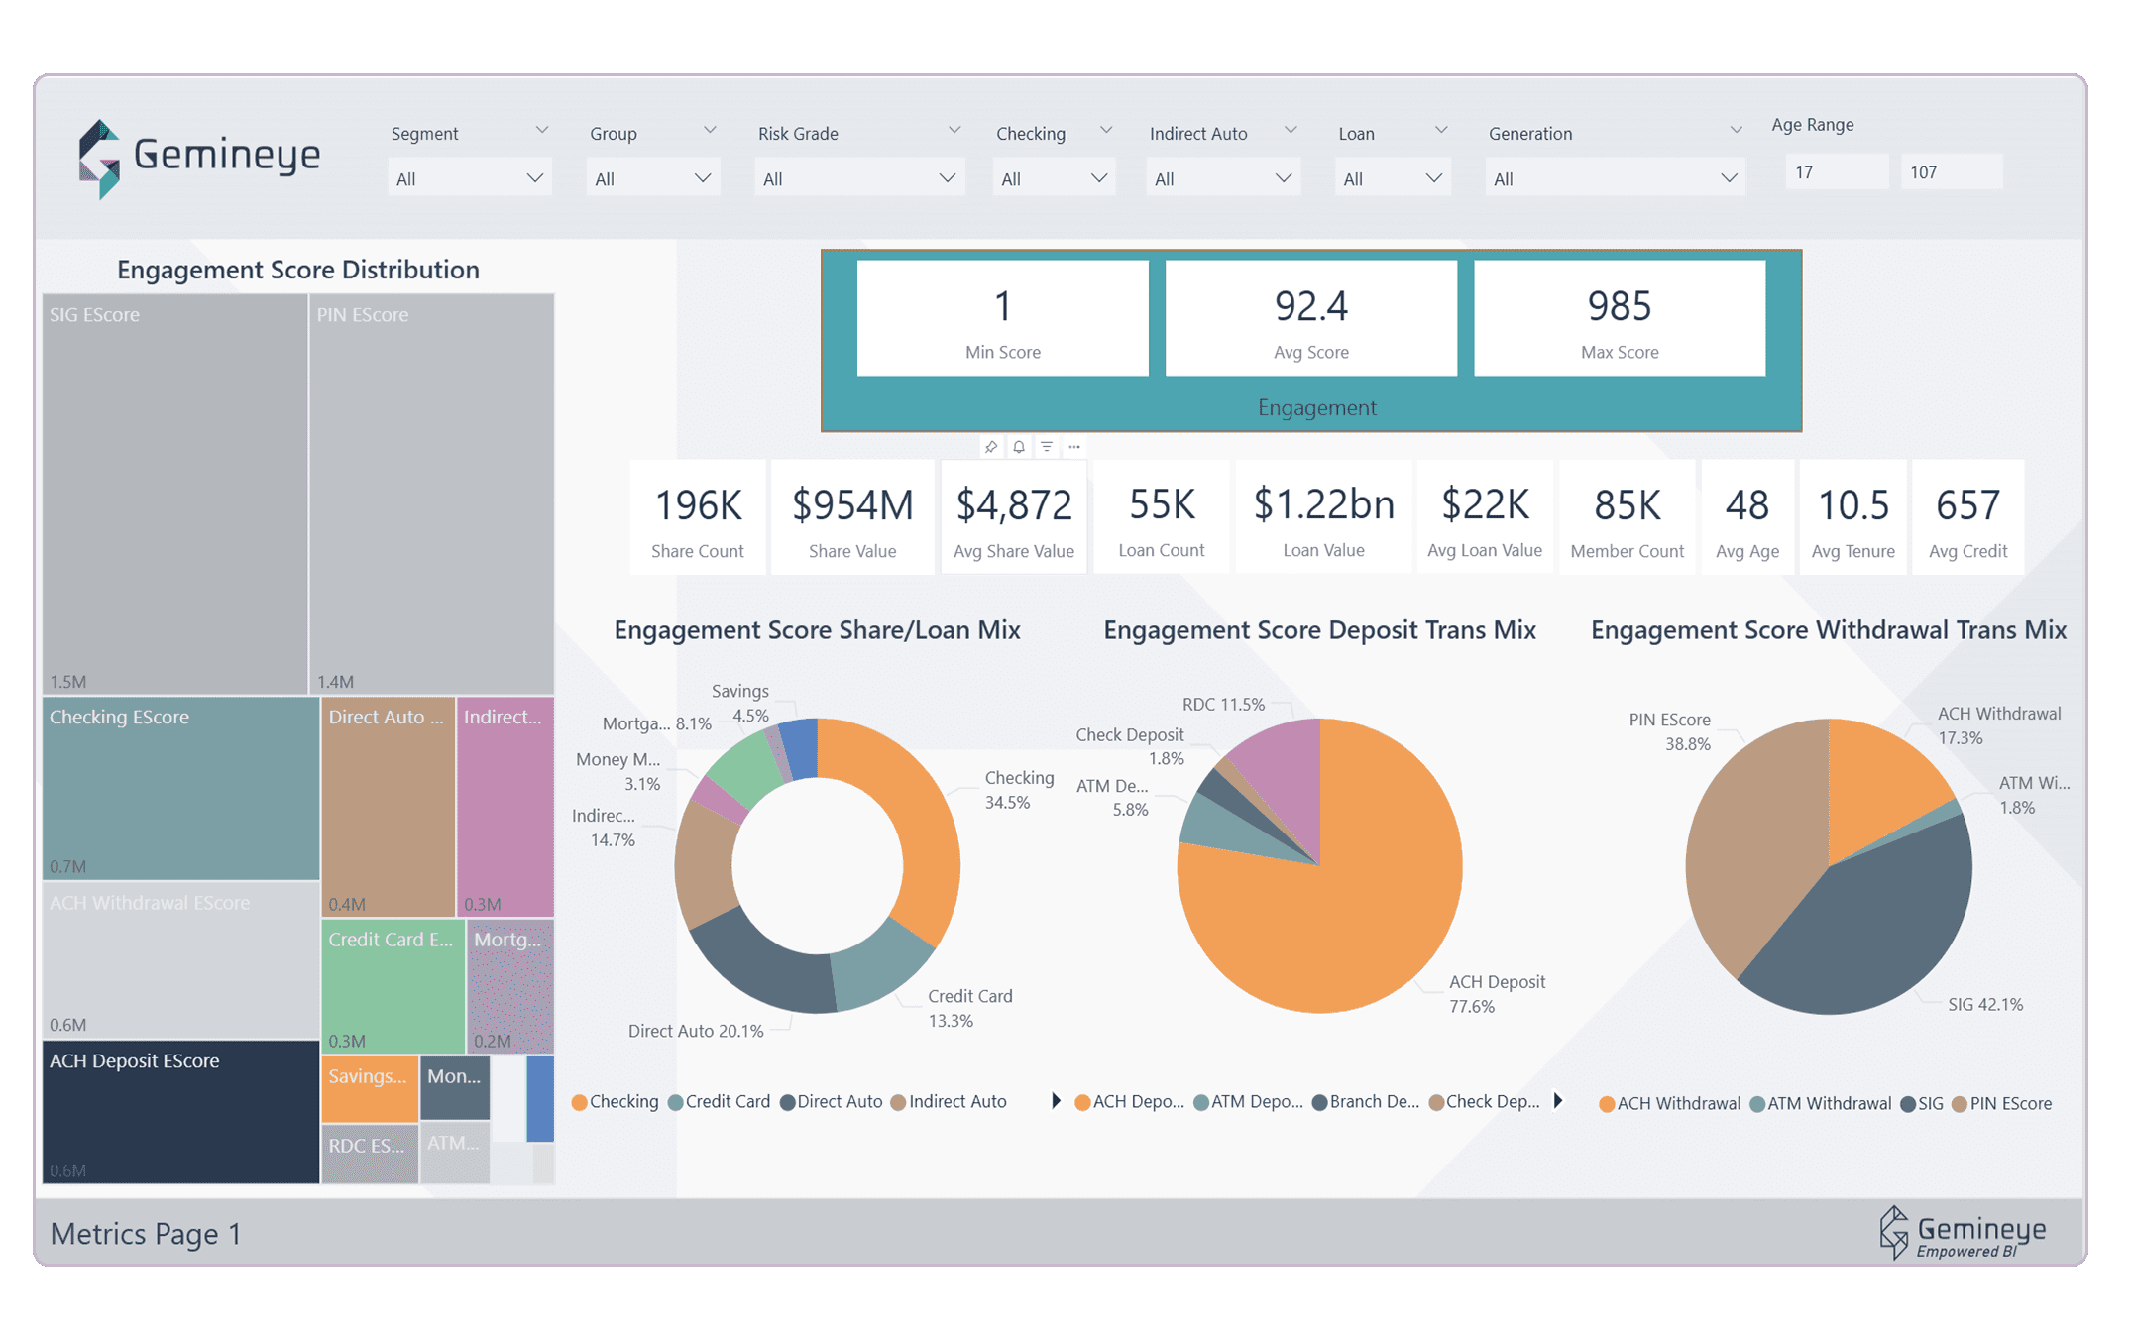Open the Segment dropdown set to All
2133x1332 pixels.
[x=469, y=178]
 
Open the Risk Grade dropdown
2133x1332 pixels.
[x=858, y=178]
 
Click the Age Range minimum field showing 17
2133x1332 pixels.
[x=1834, y=172]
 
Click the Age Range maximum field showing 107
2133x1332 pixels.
[x=1949, y=172]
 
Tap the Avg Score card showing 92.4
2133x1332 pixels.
[x=1310, y=317]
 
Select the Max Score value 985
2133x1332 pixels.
[x=1619, y=306]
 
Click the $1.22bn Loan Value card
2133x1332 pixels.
[x=1323, y=516]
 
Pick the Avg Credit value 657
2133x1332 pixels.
[x=1967, y=505]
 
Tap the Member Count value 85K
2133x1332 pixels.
[x=1627, y=505]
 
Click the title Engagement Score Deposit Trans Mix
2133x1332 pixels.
[x=1319, y=630]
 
